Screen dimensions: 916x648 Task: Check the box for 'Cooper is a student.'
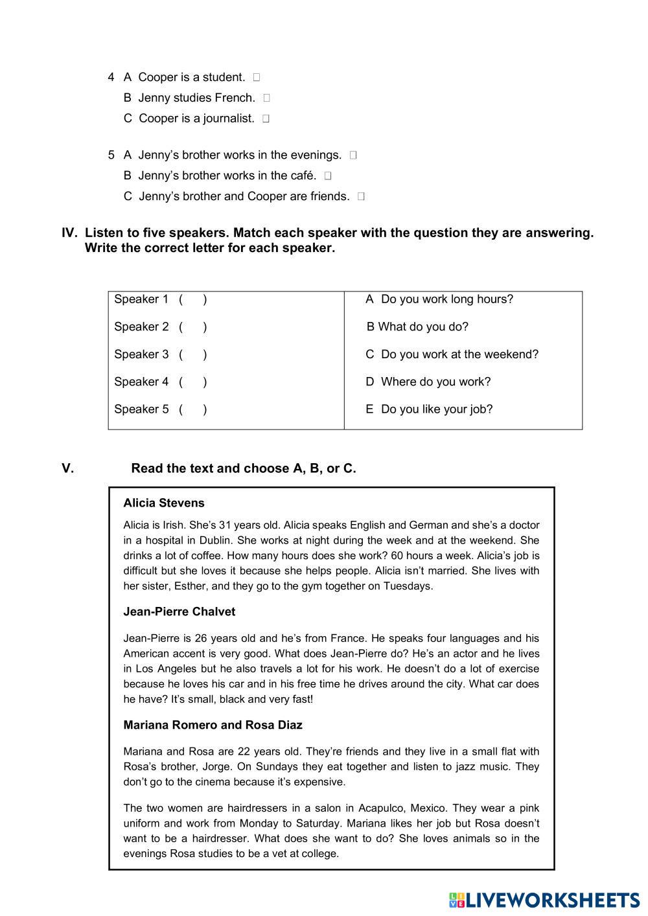click(257, 78)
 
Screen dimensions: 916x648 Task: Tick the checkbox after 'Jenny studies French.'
click(267, 98)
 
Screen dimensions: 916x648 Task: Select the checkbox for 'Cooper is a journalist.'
click(266, 119)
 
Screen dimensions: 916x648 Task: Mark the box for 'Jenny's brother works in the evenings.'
click(353, 155)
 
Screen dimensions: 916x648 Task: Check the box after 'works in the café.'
click(328, 176)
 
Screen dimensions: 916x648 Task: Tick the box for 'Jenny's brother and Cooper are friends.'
click(361, 197)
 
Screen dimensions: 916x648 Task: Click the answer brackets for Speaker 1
click(193, 299)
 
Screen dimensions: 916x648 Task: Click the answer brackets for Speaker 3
click(193, 354)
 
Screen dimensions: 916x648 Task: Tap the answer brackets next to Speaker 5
click(193, 409)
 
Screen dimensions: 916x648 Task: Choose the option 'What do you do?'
click(417, 327)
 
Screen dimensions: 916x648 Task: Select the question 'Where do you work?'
click(428, 382)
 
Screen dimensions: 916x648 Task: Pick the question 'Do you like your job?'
click(429, 409)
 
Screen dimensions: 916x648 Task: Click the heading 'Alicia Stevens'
click(164, 503)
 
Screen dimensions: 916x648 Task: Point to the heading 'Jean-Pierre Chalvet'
click(179, 612)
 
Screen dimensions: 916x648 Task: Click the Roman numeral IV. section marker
click(69, 233)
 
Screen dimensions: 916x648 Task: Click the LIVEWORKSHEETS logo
click(544, 900)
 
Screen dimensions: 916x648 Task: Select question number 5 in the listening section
click(111, 155)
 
